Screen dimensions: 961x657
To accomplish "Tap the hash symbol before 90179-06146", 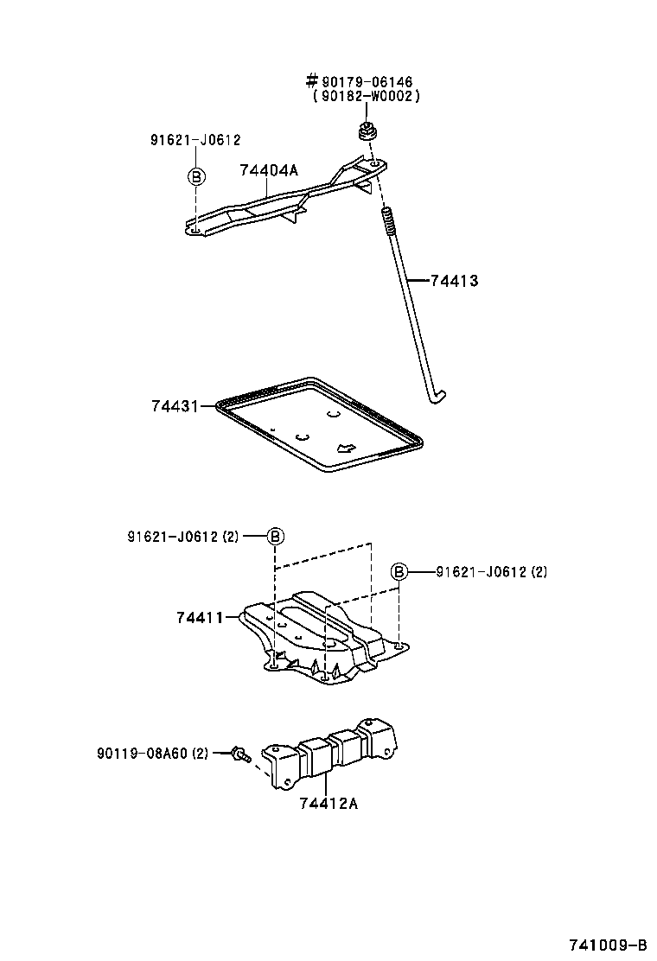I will (x=312, y=82).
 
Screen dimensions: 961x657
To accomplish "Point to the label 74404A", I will (x=268, y=170).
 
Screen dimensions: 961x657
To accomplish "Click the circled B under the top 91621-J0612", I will (x=196, y=176).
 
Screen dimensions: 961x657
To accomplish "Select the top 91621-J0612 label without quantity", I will (x=195, y=140).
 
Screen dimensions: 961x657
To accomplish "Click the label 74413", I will (x=454, y=281).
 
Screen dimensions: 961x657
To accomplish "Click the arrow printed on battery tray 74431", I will (x=345, y=448).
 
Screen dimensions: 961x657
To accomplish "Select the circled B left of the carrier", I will (x=274, y=537).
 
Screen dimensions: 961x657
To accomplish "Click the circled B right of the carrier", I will (x=399, y=571).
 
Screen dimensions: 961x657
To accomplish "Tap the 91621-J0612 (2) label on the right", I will (x=491, y=571).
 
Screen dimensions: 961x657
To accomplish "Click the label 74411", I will (x=200, y=617).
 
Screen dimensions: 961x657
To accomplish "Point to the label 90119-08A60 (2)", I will (x=152, y=753).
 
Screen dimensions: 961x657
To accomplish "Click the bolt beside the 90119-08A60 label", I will (x=241, y=754).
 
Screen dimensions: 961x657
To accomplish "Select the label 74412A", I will (x=328, y=803).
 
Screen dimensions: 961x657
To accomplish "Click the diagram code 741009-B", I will (x=608, y=944).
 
